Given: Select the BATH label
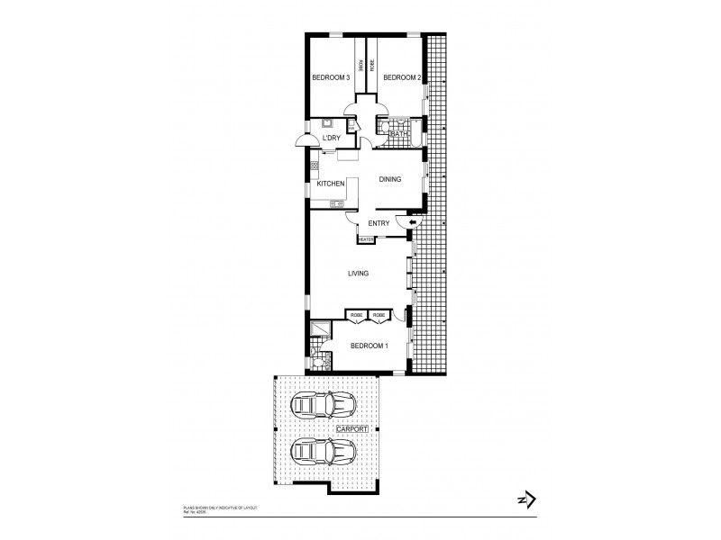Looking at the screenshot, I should pos(398,134).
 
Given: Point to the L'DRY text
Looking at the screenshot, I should pos(332,138).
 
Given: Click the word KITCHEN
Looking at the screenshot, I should pos(331,184).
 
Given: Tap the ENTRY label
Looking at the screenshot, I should pos(379,222).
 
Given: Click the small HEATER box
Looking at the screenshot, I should pos(366,239).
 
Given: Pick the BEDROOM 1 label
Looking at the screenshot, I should pos(369,346).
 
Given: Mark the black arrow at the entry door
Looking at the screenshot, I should pos(413,222).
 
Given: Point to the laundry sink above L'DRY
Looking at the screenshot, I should pos(328,124).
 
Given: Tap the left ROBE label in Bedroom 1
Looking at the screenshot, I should pos(357,315).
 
